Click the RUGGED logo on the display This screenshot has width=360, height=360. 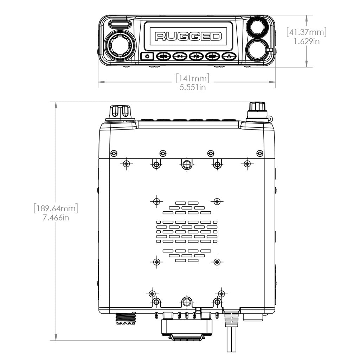(188, 37)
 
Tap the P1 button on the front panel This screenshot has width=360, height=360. (180, 56)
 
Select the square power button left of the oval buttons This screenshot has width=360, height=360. (147, 56)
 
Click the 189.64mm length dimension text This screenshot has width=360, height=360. (56, 208)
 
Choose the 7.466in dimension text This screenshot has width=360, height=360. (56, 218)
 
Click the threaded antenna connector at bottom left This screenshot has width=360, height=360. (125, 318)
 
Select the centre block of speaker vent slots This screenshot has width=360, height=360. (187, 232)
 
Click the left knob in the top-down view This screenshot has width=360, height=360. (120, 112)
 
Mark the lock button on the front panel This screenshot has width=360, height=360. (229, 56)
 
